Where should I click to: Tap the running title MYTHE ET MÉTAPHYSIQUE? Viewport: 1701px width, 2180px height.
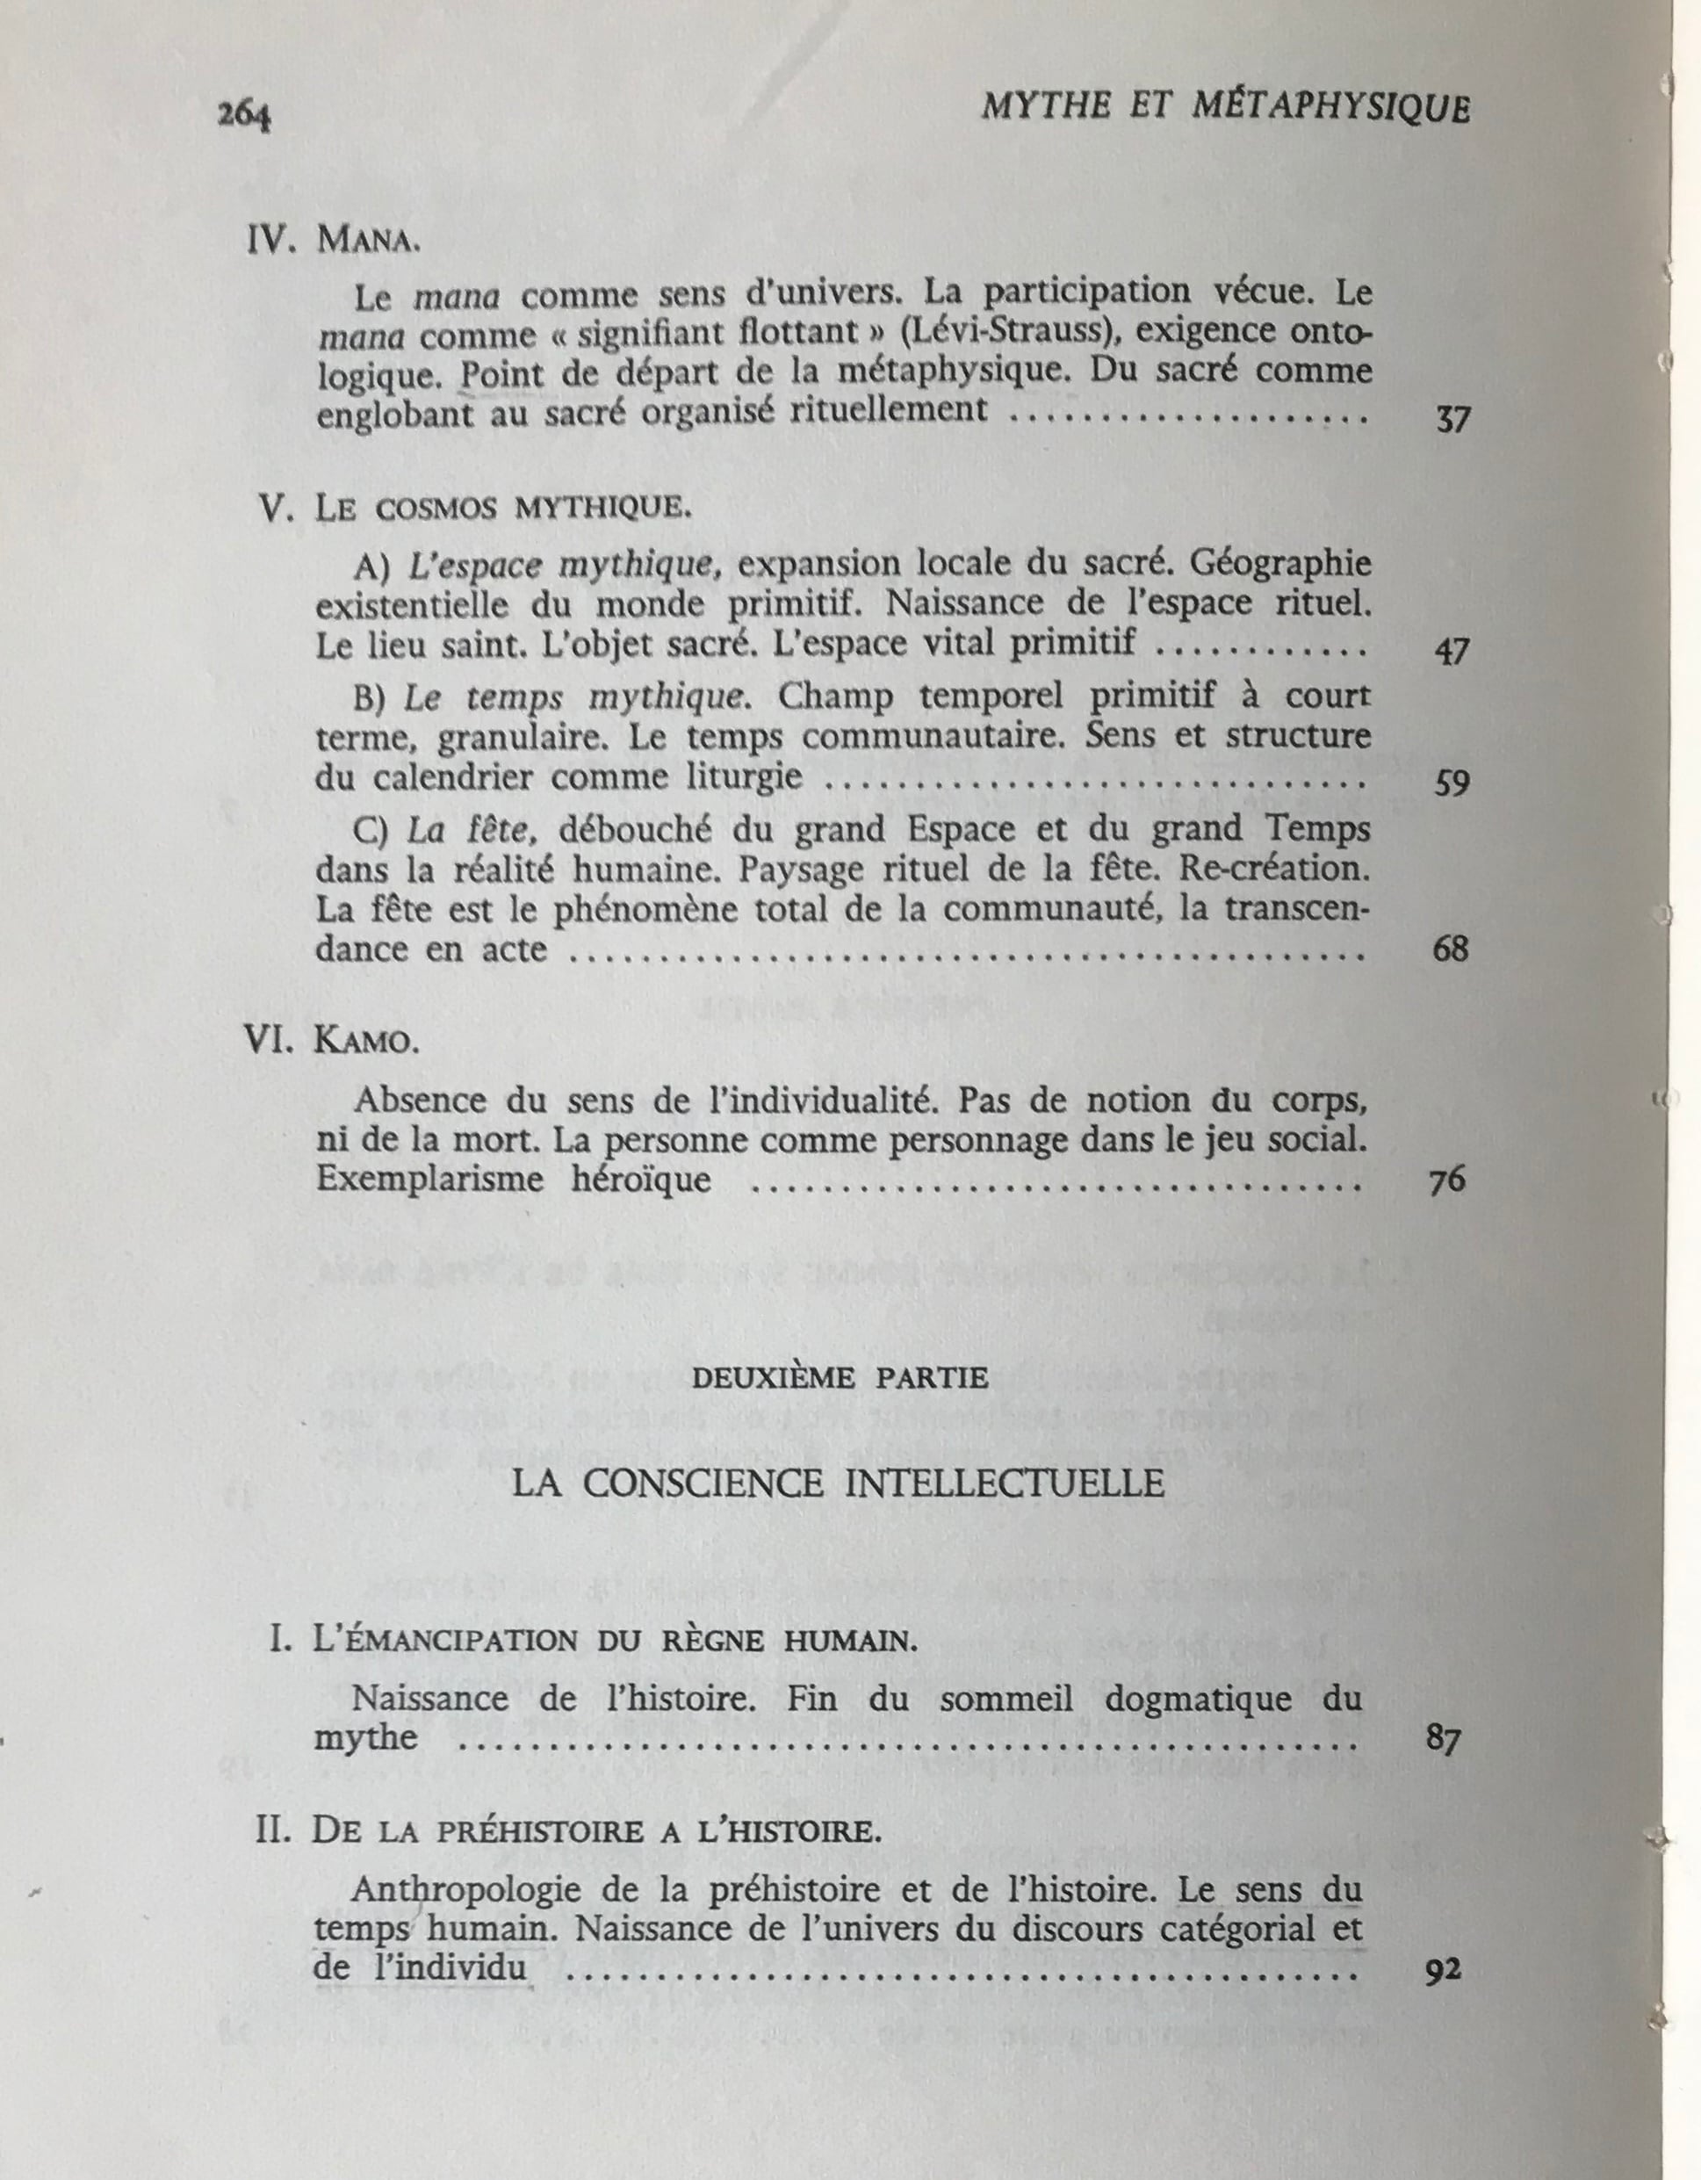pos(1225,108)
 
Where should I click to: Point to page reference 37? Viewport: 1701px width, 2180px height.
pos(1452,420)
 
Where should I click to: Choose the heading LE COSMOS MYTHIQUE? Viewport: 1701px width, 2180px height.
pos(502,509)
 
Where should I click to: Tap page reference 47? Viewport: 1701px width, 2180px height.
pos(1452,652)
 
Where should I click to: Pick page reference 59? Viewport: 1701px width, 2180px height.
pos(1452,783)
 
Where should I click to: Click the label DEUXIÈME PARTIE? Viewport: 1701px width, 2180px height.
pos(840,1378)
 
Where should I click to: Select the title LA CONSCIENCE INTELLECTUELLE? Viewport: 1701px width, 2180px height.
pos(839,1483)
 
